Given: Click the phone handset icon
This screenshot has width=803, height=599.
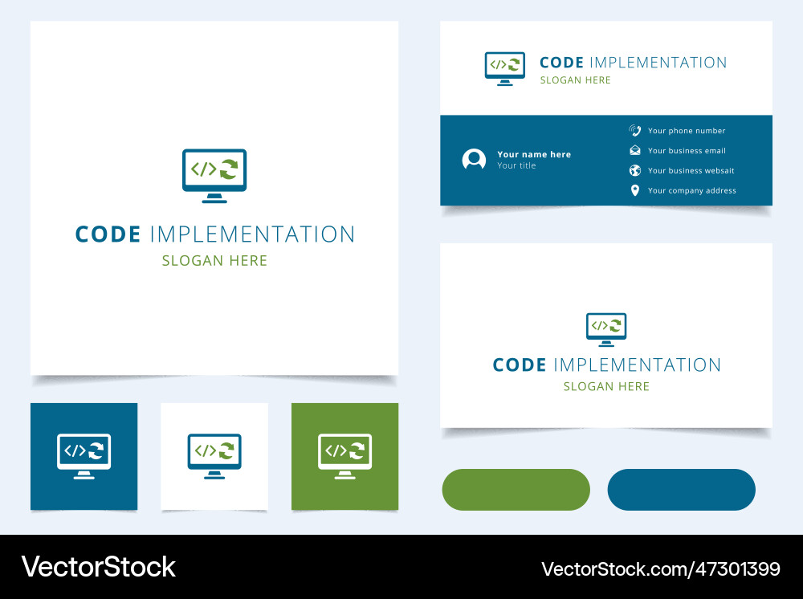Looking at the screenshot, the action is point(635,131).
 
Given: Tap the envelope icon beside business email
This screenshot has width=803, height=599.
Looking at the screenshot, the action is point(635,150).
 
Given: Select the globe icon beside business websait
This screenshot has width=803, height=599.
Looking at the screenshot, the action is point(635,170).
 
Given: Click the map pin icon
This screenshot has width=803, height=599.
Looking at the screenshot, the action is point(635,190).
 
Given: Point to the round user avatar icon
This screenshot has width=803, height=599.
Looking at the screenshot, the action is point(474,159).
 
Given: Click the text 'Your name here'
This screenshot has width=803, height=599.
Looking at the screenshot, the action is point(534,154).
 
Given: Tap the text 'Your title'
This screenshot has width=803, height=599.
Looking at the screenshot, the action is point(516,165).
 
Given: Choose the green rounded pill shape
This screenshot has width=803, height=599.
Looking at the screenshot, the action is point(516,490).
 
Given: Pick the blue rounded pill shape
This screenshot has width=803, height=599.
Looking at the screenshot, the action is point(681,490).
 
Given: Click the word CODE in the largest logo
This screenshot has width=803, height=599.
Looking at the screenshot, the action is point(108,234).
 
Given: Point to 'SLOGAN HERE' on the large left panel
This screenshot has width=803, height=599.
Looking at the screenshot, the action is point(214,261).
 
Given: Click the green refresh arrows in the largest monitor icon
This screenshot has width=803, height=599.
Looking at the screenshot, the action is point(229,169).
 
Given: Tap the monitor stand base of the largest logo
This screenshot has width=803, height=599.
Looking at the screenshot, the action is point(214,202).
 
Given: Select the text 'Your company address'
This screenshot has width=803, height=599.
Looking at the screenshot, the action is point(692,190).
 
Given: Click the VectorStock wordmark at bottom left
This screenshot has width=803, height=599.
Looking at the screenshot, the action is point(98,567).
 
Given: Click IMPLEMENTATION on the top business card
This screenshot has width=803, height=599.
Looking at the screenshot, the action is point(658,63).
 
